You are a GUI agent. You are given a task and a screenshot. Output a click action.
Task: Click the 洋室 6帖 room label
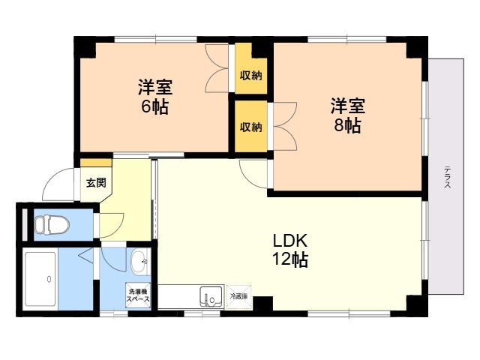click(x=154, y=96)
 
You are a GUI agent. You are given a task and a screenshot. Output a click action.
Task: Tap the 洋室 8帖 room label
click(x=347, y=115)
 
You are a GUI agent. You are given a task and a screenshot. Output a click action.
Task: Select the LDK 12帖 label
click(x=290, y=250)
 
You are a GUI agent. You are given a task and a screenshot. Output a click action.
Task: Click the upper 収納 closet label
click(x=250, y=75)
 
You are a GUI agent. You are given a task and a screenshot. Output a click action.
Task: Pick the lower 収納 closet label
click(x=250, y=127)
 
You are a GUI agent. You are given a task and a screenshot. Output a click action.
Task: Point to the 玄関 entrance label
click(x=95, y=182)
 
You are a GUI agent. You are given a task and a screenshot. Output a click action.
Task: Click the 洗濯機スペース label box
click(x=138, y=295)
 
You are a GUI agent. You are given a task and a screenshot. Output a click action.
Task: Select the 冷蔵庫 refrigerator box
click(x=238, y=297)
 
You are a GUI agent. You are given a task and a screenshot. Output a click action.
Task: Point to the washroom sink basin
click(x=139, y=262)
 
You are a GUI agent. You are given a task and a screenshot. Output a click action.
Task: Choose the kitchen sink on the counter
click(x=211, y=297)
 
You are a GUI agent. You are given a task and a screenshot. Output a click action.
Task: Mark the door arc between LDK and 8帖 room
click(x=253, y=174)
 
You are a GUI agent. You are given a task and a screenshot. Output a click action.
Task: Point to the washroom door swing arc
click(x=112, y=259)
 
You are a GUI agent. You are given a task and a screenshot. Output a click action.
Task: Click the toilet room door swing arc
click(x=111, y=223)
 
